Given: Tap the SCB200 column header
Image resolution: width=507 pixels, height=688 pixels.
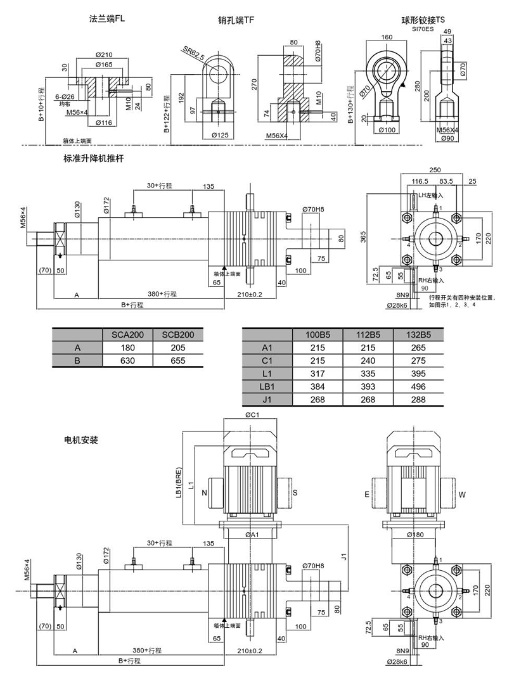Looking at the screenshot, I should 177,334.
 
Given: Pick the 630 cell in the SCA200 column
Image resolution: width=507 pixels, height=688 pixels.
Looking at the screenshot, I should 127,360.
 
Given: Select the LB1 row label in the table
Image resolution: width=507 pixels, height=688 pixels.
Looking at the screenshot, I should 267,386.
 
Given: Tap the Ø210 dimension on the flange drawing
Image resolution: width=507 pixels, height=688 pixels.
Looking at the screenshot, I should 105,54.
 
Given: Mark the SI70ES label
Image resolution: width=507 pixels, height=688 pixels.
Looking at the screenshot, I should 423,29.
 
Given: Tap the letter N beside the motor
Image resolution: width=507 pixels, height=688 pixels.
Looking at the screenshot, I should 204,492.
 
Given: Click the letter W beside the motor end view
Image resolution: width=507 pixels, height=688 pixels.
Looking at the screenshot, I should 461,494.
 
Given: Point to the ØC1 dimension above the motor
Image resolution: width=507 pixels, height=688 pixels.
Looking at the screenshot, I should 252,416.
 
